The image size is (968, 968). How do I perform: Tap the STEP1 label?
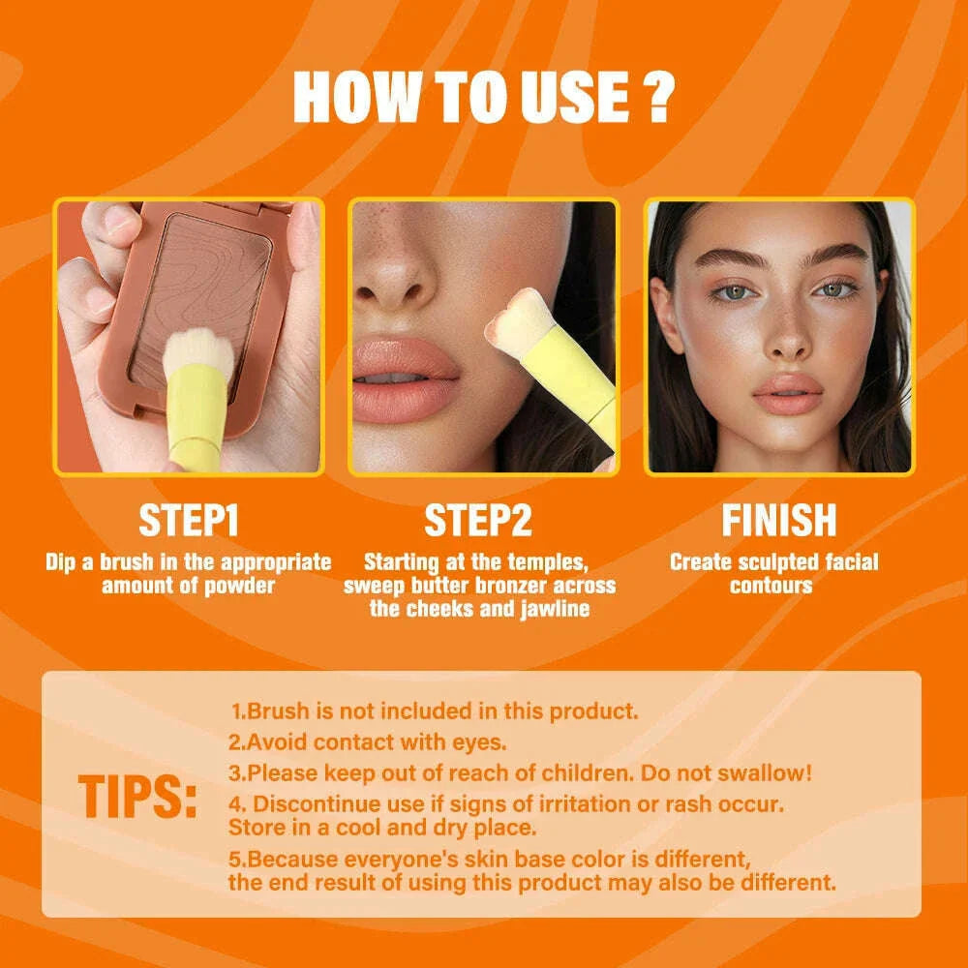pos(189,521)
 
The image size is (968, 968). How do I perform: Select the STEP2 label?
pos(478,521)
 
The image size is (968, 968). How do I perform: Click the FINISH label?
pos(778,521)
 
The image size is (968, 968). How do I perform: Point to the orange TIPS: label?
pos(138,797)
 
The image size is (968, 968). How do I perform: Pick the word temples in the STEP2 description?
pos(549,561)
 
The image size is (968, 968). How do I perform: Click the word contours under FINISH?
pos(771,585)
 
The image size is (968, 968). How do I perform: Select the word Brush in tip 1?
pos(277,711)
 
